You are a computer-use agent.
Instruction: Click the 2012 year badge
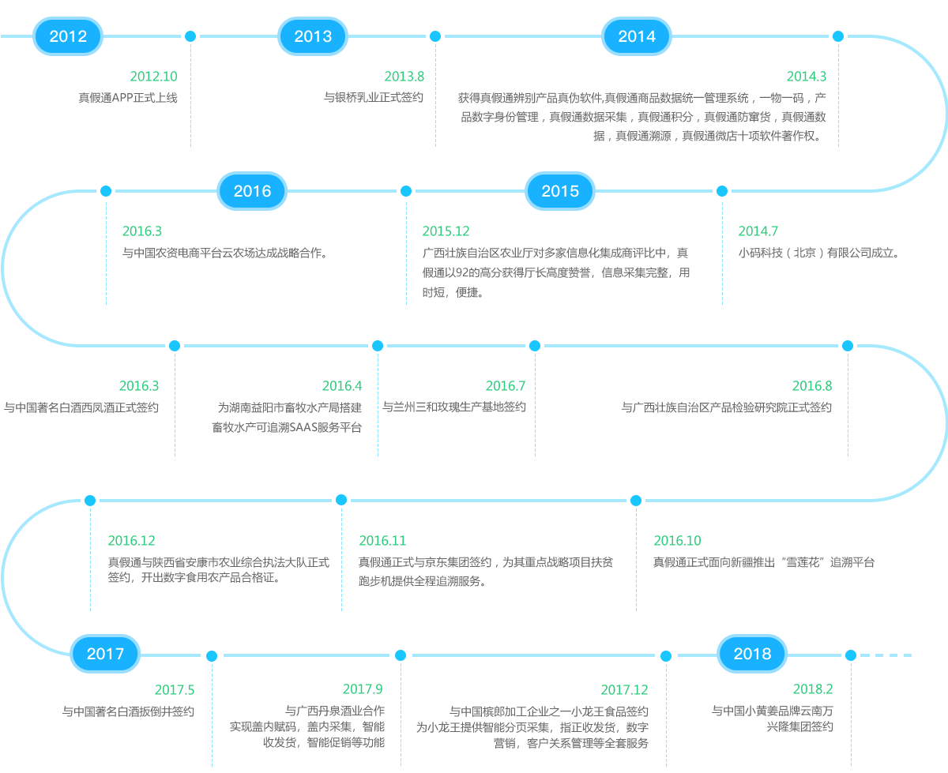68,36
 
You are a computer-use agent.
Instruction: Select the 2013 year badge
313,36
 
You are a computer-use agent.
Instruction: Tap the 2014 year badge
637,36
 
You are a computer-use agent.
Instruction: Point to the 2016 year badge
252,191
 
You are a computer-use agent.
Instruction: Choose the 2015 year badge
560,191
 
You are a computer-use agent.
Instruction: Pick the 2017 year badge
105,654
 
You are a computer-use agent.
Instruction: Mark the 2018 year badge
752,654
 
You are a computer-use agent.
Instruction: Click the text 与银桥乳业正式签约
374,98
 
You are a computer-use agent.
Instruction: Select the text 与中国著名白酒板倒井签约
128,711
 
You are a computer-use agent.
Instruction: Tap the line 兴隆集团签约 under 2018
799,726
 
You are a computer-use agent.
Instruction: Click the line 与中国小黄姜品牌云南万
772,711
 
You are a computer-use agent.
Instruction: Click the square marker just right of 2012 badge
190,36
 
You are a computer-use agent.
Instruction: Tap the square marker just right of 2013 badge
434,36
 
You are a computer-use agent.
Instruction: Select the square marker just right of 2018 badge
851,655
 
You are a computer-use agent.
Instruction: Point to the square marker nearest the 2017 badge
212,656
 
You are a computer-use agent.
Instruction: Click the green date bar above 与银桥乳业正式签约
404,77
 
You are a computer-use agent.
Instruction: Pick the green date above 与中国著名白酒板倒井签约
175,690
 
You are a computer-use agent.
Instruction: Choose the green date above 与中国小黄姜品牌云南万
813,689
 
